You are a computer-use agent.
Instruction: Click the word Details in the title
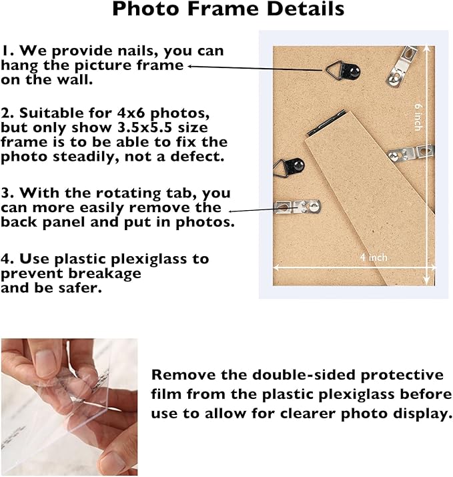306,9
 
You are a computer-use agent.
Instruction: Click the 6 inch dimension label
418,117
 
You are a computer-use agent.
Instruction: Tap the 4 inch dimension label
374,258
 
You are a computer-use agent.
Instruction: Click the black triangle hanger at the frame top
343,71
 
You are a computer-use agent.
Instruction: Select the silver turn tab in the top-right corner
402,65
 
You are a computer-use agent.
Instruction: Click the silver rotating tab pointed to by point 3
298,207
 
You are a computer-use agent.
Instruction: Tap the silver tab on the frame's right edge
411,153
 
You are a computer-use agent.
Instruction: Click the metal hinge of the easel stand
326,123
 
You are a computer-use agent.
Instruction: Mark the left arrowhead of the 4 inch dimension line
276,268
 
